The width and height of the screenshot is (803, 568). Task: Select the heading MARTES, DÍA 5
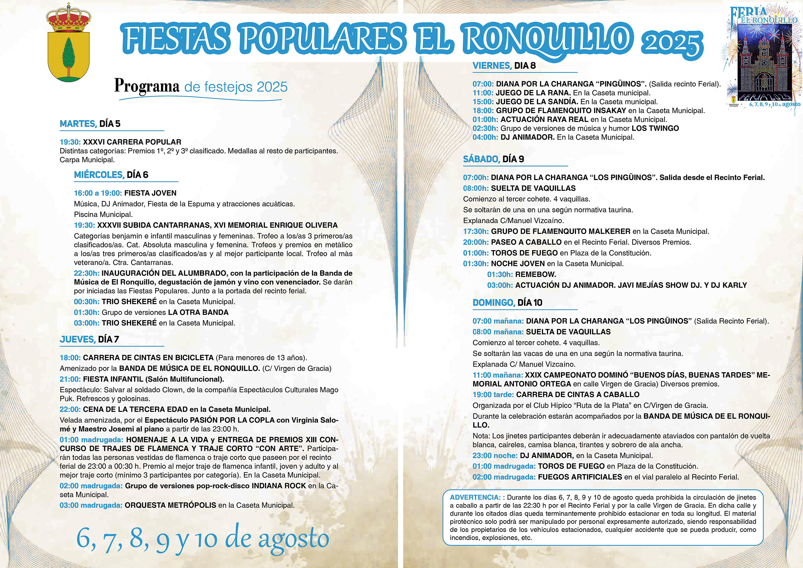coord(90,124)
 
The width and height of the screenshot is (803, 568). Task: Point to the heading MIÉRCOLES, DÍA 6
coord(111,175)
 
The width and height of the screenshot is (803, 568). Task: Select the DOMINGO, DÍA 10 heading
coord(507,303)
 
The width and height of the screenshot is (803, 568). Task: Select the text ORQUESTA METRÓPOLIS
coord(170,505)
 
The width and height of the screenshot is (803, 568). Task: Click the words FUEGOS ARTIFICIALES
coord(580,477)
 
